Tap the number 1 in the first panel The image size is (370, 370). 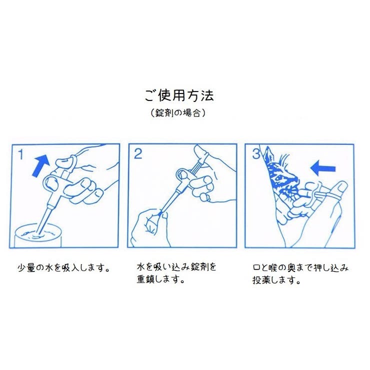[x=21, y=154]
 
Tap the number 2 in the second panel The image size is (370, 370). [x=138, y=154]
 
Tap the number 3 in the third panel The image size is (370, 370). [x=256, y=154]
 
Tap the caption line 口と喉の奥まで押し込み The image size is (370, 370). [x=300, y=267]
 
